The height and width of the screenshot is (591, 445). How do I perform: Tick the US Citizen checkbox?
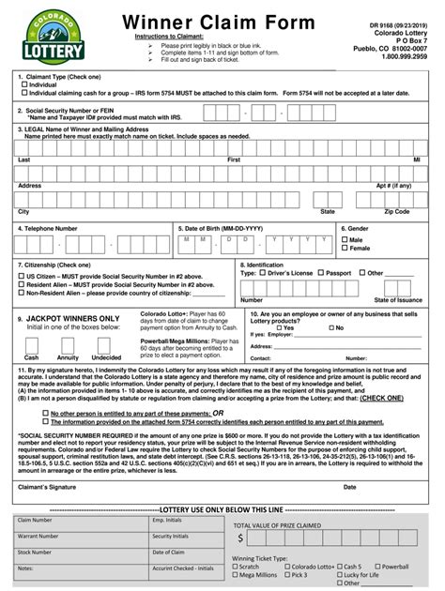point(22,277)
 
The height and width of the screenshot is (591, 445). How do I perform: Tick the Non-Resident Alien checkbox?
point(22,293)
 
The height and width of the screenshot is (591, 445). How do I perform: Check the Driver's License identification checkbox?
point(262,273)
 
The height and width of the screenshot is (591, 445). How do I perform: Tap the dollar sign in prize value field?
point(240,538)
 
